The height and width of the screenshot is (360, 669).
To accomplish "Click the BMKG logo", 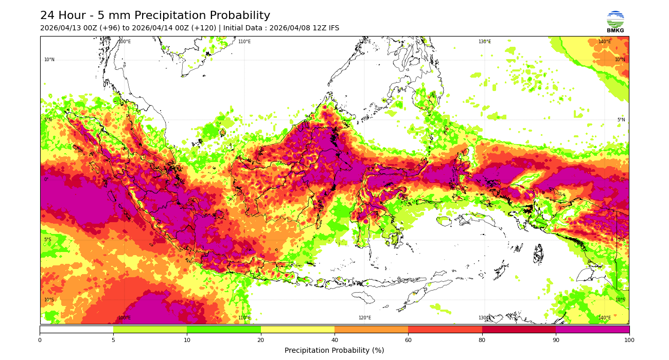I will pos(615,22).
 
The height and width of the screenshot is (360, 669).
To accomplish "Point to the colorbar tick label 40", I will pos(334,340).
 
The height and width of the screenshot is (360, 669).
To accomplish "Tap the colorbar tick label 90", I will pos(555,340).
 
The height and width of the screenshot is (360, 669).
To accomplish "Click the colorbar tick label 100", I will pos(629,340).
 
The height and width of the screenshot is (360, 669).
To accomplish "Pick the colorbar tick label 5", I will pos(113,340).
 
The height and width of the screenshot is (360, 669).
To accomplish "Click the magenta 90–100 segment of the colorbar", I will pos(592,329).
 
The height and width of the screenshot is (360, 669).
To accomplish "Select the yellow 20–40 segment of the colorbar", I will pos(297,329).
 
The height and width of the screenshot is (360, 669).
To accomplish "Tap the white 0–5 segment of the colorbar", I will pos(77,329).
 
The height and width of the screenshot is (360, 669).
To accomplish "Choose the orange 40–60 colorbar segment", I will pos(371,329).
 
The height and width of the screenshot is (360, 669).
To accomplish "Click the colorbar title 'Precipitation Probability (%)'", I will pos(334,351).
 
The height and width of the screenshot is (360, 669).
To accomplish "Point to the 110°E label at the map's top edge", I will pos(244,42).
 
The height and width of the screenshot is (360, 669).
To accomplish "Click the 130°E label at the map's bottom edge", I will pos(485,318).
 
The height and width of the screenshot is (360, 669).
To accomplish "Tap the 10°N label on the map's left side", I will pos(49,60).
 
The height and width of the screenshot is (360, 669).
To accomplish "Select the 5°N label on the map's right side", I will pos(621,120).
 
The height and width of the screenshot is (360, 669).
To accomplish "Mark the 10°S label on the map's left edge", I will pos(49,300).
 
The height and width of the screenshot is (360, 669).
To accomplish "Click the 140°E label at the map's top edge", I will pos(604,42).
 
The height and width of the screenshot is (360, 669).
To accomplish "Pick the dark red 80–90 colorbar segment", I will pos(519,329).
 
